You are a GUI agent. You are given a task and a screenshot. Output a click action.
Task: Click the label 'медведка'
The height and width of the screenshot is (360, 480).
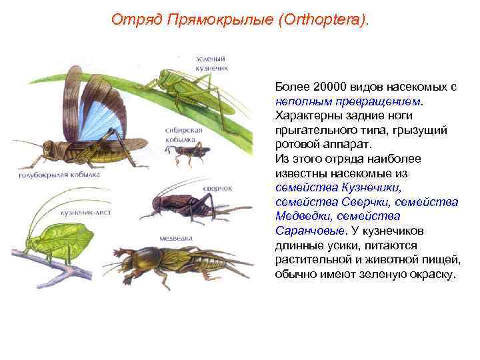[176, 238]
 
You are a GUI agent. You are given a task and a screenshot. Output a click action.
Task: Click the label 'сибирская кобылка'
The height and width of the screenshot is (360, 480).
[184, 135]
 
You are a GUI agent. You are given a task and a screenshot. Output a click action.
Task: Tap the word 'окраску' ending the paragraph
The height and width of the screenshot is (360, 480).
[434, 273]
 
